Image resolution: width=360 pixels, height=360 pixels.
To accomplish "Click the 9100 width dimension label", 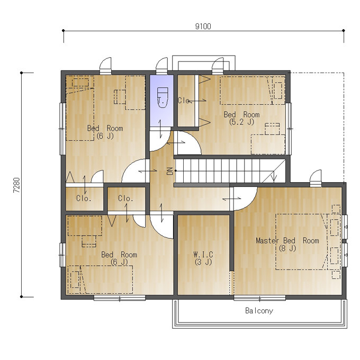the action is tap(203, 26).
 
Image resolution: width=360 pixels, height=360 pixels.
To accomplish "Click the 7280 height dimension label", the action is tap(16, 185).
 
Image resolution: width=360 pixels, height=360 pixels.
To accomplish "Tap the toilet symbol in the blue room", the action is tap(163, 97).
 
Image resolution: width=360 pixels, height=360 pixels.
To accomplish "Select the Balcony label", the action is tap(259, 311).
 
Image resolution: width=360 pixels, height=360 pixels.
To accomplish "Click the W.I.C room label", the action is tap(203, 255).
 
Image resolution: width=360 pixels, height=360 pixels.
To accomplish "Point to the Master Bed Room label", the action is tap(287, 240).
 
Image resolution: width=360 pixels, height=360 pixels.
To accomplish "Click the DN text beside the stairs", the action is tap(170, 171).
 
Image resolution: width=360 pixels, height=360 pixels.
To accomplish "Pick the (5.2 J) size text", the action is tap(241, 122).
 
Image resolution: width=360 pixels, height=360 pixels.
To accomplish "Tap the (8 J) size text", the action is tap(287, 248).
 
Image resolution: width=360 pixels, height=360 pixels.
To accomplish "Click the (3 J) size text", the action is tap(203, 262).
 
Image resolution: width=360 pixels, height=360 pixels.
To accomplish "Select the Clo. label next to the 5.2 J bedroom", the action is tap(185, 101).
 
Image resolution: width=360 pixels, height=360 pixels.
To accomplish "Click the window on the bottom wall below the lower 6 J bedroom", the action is tap(120, 299).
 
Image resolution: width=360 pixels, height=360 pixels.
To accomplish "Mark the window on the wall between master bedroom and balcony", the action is tap(259, 299).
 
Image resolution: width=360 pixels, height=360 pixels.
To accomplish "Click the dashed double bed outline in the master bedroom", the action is tap(301, 242).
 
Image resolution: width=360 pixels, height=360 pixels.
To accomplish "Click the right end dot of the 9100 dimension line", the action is tap(344, 31).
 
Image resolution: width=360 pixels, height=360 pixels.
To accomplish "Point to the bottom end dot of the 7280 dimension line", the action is tap(21, 296).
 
